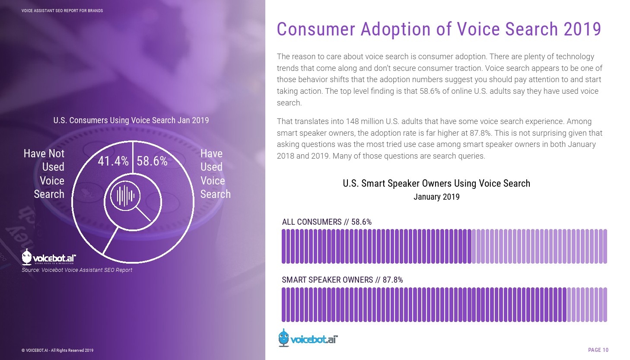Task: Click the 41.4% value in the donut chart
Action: pos(113,161)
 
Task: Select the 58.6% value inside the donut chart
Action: pos(152,161)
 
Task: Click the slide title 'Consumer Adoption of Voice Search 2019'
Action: pos(439,29)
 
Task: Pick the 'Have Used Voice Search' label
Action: pos(215,174)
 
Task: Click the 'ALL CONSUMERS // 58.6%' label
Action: pos(327,222)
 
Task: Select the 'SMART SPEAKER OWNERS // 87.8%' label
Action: pos(342,280)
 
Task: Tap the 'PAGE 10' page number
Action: pos(598,350)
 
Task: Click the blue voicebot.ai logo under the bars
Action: pos(308,338)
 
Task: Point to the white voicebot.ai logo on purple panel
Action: pos(49,258)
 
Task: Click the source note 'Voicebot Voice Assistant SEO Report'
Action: pos(77,270)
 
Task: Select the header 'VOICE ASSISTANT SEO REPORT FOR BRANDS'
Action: pos(62,10)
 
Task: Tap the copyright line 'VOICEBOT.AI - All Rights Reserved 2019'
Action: pos(57,350)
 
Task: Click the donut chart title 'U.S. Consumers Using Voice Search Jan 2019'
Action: pos(131,121)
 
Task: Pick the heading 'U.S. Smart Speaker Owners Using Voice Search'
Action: pos(436,184)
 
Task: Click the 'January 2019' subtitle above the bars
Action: pos(436,197)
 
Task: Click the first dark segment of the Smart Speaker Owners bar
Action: pos(284,305)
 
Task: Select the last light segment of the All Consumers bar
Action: pos(605,246)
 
